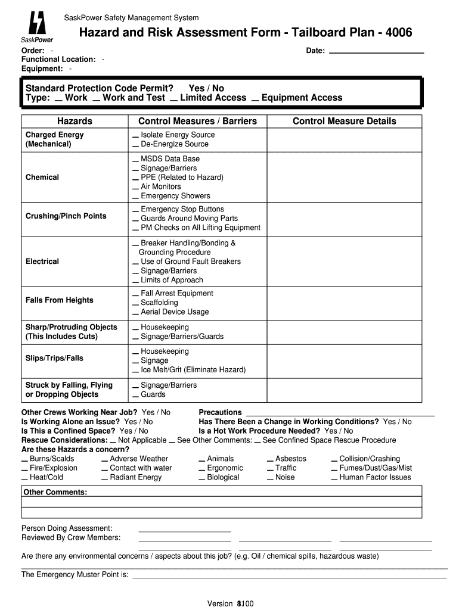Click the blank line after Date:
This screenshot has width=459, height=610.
[376, 51]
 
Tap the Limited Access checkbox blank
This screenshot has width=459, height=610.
[173, 98]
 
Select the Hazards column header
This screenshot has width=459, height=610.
[75, 121]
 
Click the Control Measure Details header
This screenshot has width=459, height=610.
[344, 121]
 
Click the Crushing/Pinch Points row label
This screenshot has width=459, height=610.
[66, 216]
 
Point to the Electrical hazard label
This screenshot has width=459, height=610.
[42, 262]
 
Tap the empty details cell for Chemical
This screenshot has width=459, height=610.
[344, 178]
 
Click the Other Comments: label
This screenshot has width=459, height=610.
[55, 492]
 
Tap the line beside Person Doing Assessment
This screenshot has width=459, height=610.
[184, 529]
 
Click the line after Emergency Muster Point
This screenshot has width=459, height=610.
[289, 576]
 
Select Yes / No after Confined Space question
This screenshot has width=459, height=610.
[134, 431]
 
